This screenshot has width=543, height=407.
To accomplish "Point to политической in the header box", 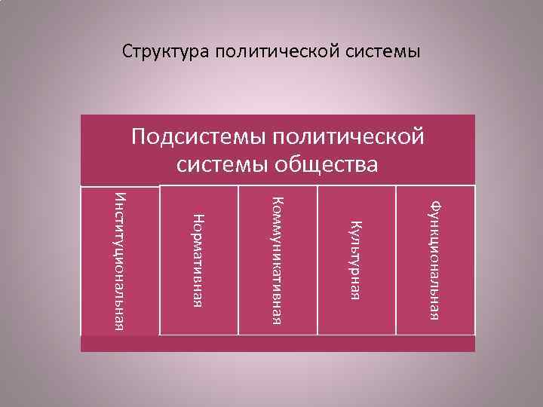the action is pos(348,138).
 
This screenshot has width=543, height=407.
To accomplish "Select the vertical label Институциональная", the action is pos(121,261).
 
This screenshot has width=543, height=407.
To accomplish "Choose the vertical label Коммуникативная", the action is pos(277,261).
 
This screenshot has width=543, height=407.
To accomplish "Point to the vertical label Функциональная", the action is pos(435,259).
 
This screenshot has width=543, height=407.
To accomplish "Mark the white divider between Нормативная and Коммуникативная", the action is pos(238,261).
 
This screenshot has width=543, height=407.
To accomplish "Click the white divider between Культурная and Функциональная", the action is pos(396,261).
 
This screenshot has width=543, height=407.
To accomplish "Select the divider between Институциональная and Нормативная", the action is pos(160,261).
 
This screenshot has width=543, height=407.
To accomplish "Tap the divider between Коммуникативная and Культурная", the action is pos(318,261).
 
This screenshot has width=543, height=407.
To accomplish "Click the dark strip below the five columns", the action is pos(278,344).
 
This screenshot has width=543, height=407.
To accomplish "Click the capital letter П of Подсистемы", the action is pos(140,138).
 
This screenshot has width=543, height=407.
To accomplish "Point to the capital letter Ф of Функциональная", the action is pos(435,203).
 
